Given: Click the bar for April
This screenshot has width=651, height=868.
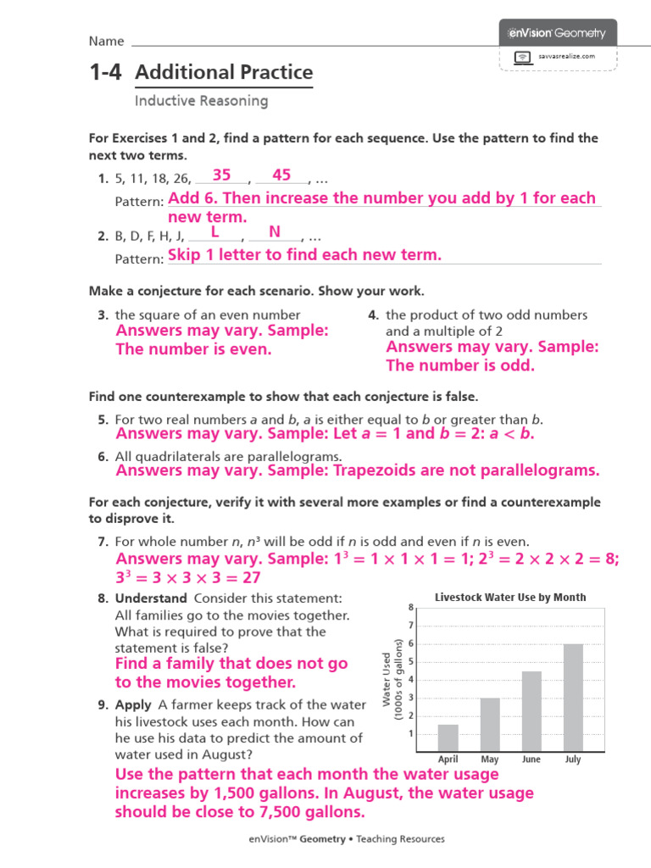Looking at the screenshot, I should [448, 737].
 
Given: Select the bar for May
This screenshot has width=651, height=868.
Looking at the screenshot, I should [490, 724].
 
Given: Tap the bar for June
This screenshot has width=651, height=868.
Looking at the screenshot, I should [531, 710].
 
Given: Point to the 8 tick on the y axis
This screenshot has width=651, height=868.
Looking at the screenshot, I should [410, 608].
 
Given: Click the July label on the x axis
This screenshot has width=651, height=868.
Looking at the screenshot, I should [573, 759].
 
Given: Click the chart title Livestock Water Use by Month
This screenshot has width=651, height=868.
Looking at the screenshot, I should [510, 597].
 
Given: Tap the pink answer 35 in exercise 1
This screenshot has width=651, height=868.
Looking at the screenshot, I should [222, 175].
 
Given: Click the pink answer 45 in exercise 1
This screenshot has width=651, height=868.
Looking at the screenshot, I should [281, 175].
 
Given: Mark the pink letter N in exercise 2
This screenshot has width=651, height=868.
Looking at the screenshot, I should [275, 232].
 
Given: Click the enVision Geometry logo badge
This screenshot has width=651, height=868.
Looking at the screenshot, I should [558, 33].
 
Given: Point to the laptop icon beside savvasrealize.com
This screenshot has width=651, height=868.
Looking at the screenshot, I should [523, 57].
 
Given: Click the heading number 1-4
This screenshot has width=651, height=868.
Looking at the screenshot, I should [106, 73].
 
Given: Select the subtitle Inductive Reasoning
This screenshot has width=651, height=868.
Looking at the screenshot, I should [201, 101].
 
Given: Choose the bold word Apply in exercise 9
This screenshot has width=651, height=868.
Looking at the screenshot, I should [133, 704].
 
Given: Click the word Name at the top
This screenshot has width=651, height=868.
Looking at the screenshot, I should [107, 42].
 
